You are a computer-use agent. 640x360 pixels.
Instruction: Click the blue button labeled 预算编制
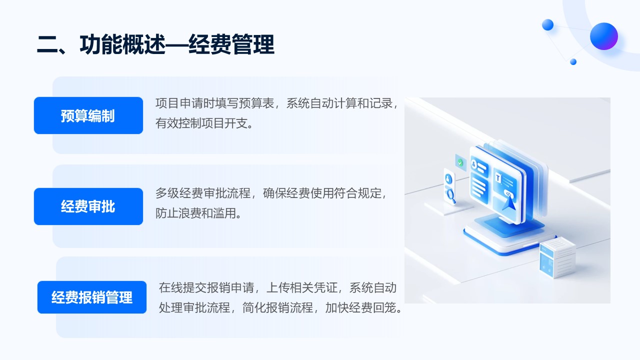[x=88, y=115]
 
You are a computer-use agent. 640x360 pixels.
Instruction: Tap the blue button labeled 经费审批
[x=88, y=206]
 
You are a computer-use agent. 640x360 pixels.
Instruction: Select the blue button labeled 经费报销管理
[x=91, y=297]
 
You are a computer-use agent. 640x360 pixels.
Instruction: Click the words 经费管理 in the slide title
[x=231, y=44]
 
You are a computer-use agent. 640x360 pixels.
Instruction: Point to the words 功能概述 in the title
[x=122, y=44]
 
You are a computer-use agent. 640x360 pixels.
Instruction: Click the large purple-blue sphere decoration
[x=603, y=36]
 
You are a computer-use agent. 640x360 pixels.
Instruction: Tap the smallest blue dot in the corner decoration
[x=573, y=61]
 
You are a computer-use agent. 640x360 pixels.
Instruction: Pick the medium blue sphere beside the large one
[x=547, y=25]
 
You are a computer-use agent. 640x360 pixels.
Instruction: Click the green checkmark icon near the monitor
[x=460, y=163]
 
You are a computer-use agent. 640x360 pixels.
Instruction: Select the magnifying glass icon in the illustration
[x=451, y=195]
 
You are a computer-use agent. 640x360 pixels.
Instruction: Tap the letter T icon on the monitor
[x=498, y=178]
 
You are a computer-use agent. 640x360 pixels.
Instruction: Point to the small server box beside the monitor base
[x=556, y=257]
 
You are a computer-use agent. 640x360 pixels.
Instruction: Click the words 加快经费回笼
[x=361, y=307]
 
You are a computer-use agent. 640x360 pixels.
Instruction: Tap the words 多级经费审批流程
[x=203, y=193]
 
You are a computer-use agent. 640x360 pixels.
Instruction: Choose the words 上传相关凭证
[x=301, y=287]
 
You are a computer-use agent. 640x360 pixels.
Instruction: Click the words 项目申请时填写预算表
[x=215, y=103]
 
